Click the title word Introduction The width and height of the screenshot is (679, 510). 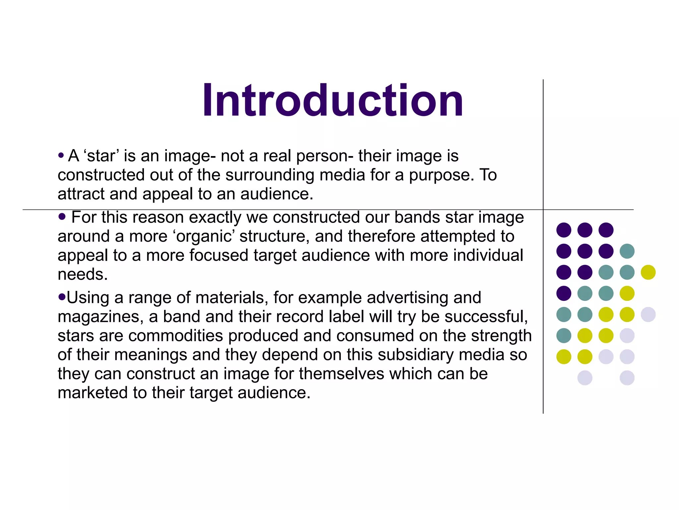(333, 100)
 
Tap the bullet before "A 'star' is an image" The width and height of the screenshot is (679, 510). (61, 155)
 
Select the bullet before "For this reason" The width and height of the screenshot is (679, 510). (62, 217)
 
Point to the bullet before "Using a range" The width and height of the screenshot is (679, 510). (62, 297)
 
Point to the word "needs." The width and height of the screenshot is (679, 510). (83, 275)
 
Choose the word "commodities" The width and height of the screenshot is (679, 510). (176, 336)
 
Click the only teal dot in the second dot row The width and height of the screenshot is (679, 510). (627, 251)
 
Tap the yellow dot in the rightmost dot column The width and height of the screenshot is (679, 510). (648, 272)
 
